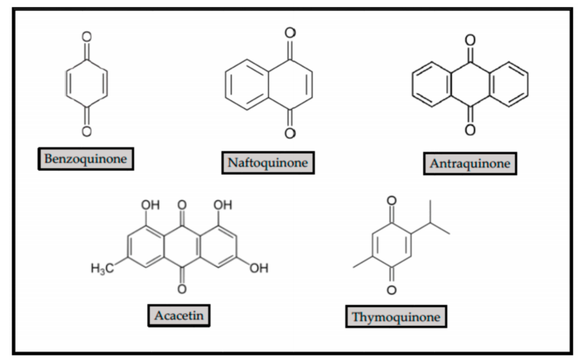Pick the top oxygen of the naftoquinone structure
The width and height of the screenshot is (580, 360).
(x=290, y=34)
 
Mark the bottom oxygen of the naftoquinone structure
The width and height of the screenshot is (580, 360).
(x=290, y=133)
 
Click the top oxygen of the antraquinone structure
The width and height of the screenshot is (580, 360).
(x=469, y=34)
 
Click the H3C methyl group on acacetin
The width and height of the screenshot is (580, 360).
(x=102, y=268)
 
